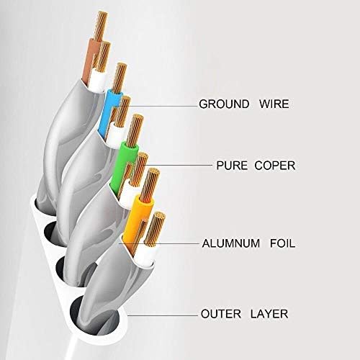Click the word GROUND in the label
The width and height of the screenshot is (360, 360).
tap(224, 104)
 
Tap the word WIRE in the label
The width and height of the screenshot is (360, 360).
tap(274, 104)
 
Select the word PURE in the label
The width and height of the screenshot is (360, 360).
tap(232, 166)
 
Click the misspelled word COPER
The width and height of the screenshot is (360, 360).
tap(275, 166)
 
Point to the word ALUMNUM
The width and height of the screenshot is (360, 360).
tap(231, 243)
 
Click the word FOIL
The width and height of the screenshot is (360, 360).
tap(282, 243)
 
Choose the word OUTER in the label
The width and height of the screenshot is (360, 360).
tap(221, 314)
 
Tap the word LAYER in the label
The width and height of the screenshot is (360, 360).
tap(269, 314)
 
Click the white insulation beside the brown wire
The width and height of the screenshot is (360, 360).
tap(98, 81)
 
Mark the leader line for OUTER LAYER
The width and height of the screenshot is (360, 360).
tap(163, 315)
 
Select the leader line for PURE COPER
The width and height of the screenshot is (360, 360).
tap(178, 166)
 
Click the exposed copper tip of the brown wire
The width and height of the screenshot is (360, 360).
tap(100, 26)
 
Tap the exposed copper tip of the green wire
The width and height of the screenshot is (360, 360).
tap(135, 131)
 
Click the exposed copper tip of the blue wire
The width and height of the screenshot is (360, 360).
tap(120, 78)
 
